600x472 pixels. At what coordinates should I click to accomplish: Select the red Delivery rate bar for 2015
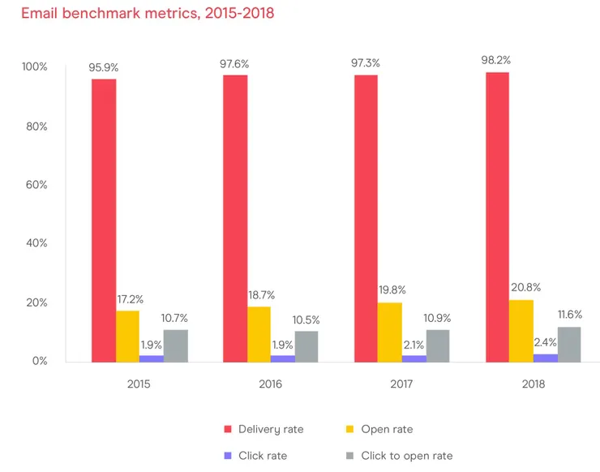[x=103, y=220]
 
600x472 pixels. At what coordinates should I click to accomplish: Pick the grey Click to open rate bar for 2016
[x=306, y=346]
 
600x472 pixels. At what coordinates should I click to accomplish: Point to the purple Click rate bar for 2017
[x=414, y=358]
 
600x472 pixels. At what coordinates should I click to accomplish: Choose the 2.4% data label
[x=545, y=342]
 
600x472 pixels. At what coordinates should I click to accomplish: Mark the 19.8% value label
[x=391, y=290]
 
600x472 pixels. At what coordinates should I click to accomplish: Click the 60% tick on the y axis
[x=35, y=185]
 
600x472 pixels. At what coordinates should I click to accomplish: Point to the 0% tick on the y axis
[x=38, y=361]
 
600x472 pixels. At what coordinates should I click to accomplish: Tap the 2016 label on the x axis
[x=270, y=384]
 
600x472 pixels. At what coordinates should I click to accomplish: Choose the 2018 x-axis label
[x=534, y=384]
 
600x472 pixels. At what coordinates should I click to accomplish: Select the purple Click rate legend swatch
[x=228, y=456]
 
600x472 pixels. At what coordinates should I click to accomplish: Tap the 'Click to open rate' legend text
[x=406, y=456]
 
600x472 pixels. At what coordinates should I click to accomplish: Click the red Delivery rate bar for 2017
[x=366, y=218]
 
